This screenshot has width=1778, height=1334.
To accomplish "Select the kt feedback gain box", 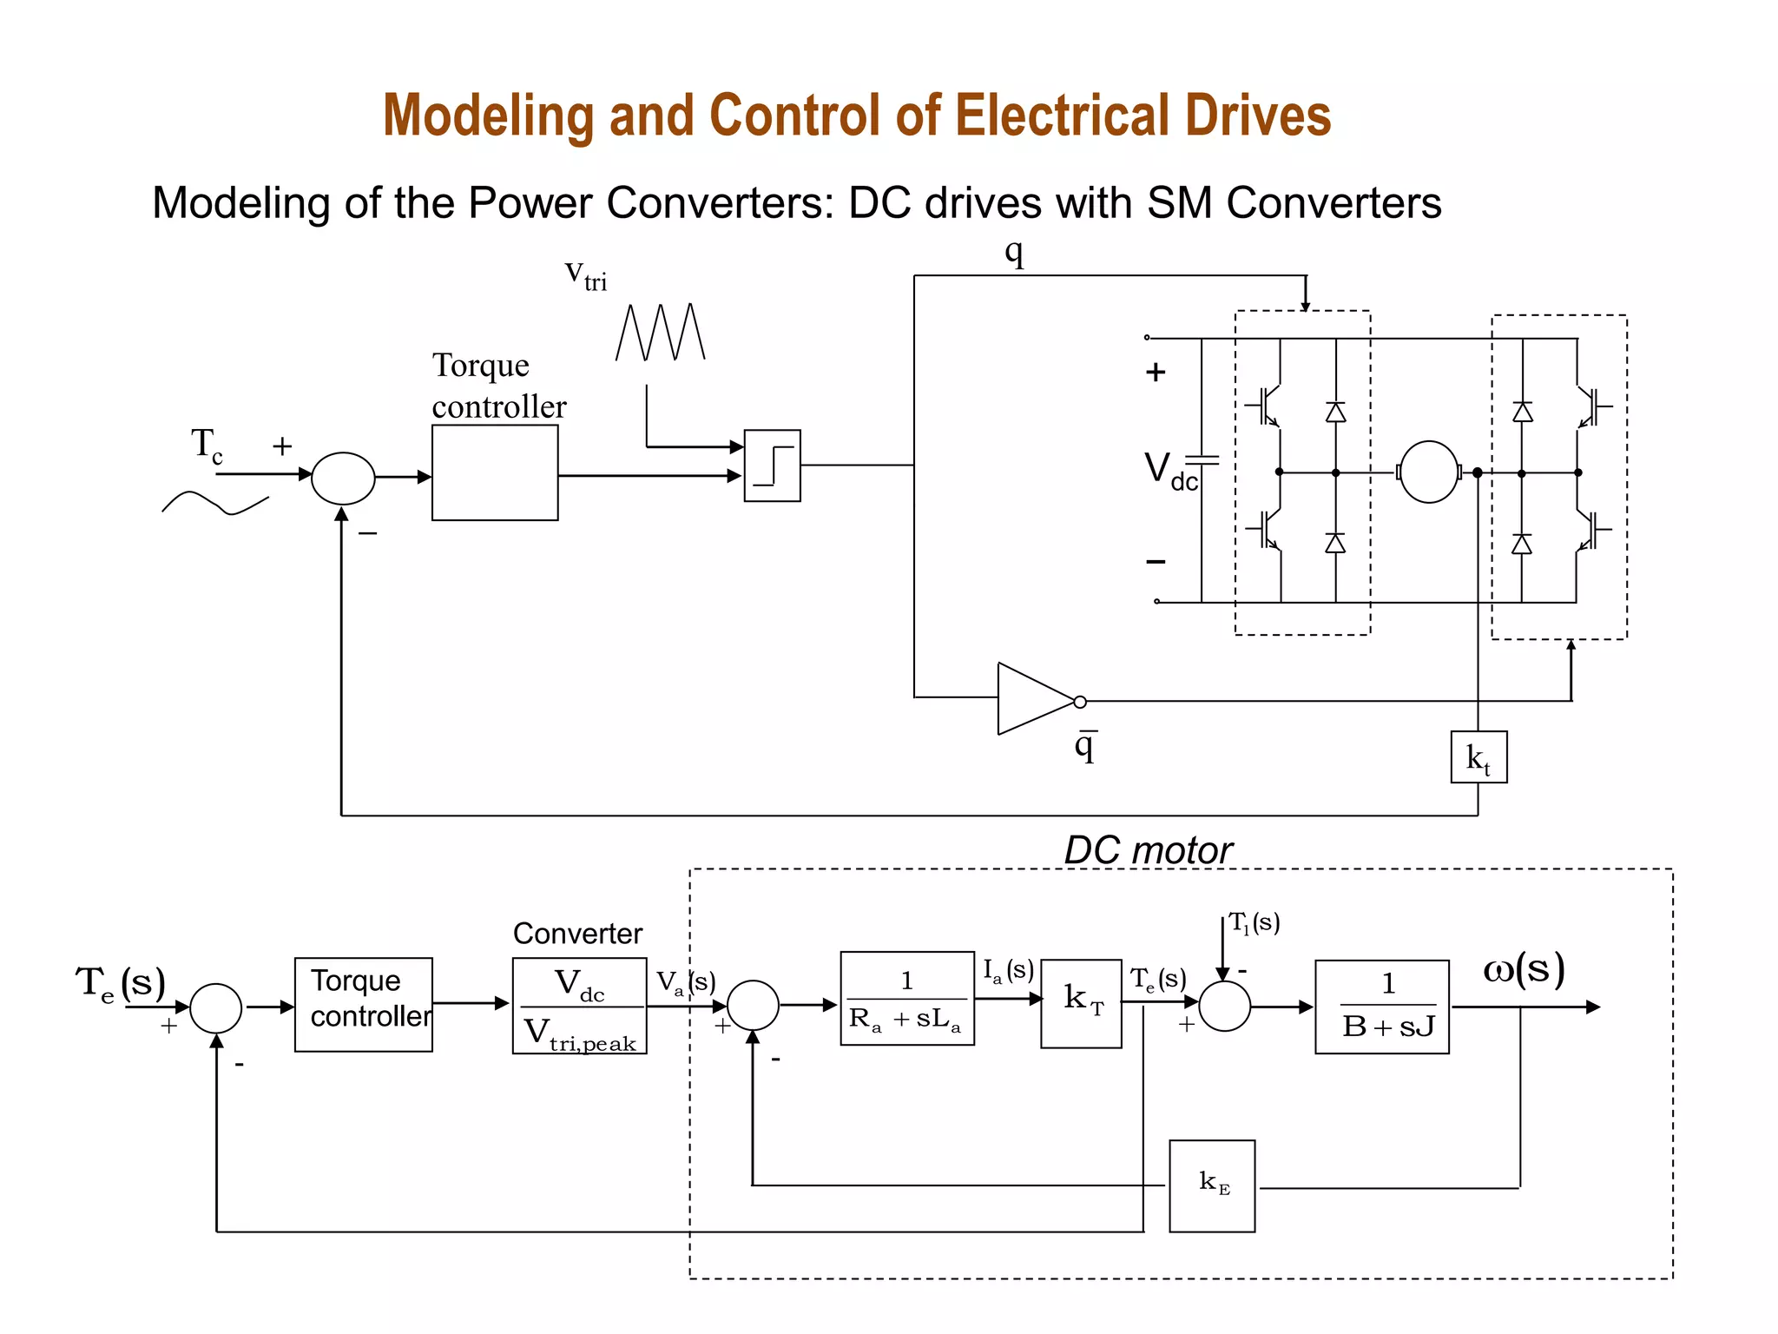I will click(1478, 757).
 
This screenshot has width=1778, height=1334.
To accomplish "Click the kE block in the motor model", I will click(1212, 1185).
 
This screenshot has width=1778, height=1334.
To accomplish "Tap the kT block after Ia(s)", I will click(1081, 1003).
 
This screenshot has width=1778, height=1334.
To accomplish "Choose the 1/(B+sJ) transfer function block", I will click(1381, 1007).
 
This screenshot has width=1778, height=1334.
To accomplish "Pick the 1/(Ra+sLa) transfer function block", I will click(907, 999).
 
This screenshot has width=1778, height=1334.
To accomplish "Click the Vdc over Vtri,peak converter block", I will click(579, 1006).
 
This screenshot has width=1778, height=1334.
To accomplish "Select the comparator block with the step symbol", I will click(772, 466).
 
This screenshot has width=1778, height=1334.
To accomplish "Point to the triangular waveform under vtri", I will click(661, 332).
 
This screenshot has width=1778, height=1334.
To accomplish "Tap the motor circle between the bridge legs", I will click(1429, 472).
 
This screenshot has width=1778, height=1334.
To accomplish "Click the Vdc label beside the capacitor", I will click(1169, 472).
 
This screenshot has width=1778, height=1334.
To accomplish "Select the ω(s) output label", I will click(1524, 969).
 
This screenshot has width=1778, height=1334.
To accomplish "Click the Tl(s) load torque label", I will click(1254, 923).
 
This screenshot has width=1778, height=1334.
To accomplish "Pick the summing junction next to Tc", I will click(343, 478).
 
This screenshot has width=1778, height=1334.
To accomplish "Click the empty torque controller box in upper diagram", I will click(495, 472).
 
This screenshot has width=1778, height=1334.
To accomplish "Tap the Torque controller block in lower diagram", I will click(364, 1005).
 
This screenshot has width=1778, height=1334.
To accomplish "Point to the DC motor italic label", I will click(1148, 850).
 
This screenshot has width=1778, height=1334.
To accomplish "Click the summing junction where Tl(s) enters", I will click(1224, 1006).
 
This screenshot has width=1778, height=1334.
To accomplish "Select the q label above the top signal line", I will click(1014, 252).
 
